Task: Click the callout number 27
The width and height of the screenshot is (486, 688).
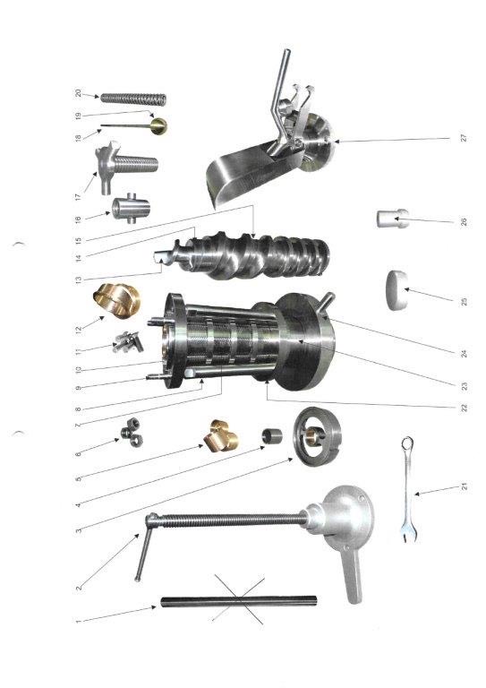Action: pyautogui.click(x=464, y=137)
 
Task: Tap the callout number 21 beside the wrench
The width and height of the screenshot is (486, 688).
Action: pyautogui.click(x=465, y=486)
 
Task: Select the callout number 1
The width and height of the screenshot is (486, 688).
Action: pyautogui.click(x=78, y=622)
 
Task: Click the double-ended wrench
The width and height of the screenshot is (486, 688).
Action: pyautogui.click(x=408, y=489)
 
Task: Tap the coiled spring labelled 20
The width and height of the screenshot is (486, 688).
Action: pyautogui.click(x=133, y=99)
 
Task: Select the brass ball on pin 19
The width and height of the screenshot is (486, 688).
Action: pyautogui.click(x=158, y=125)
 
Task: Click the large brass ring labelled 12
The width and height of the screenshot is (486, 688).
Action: pyautogui.click(x=117, y=300)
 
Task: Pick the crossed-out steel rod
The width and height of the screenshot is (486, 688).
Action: pyautogui.click(x=239, y=601)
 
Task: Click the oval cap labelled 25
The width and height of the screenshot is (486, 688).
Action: pyautogui.click(x=397, y=290)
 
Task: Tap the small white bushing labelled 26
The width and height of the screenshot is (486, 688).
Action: pyautogui.click(x=393, y=219)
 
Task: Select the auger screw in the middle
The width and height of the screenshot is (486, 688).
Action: pyautogui.click(x=245, y=259)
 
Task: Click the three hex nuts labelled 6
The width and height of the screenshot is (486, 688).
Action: pyautogui.click(x=132, y=433)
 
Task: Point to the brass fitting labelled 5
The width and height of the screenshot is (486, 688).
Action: pyautogui.click(x=221, y=436)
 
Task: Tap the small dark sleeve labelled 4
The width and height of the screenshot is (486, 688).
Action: pyautogui.click(x=272, y=436)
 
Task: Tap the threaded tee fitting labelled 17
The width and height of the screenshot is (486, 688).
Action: pyautogui.click(x=126, y=167)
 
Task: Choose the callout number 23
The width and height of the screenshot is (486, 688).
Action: pyautogui.click(x=465, y=386)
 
